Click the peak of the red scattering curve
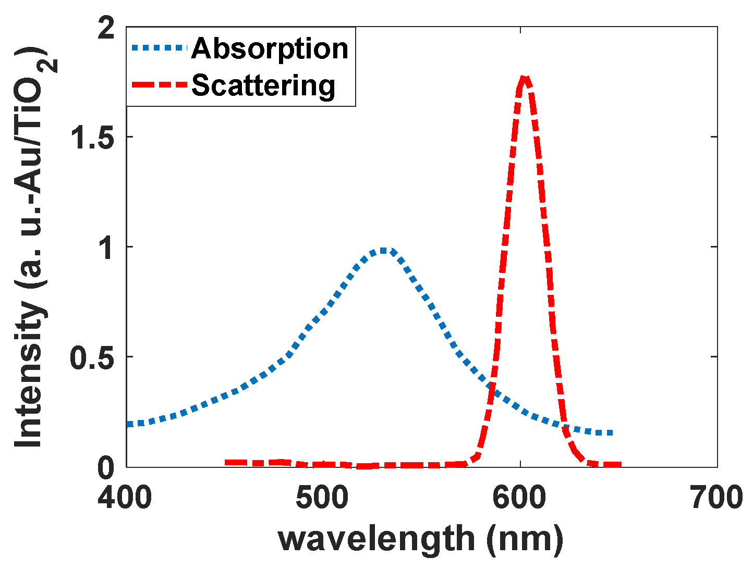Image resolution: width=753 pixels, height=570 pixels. tap(524, 78)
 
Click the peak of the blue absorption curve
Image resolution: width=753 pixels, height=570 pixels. tap(383, 251)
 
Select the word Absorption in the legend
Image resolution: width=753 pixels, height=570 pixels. tap(270, 48)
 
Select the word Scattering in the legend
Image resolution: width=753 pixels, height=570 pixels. tap(263, 85)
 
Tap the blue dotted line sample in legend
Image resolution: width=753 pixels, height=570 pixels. tap(159, 48)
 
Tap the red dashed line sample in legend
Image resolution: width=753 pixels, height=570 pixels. tap(159, 85)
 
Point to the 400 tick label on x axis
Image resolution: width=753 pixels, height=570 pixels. tap(125, 498)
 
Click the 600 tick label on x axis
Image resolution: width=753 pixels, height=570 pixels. tap(520, 498)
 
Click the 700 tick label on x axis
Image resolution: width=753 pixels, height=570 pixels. tap(717, 498)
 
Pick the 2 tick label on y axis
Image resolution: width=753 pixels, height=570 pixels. tap(106, 28)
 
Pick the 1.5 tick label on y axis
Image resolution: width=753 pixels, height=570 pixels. tap(92, 138)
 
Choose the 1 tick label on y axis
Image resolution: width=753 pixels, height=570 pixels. tap(106, 247)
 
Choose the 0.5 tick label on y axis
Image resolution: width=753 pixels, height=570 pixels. tap(92, 357)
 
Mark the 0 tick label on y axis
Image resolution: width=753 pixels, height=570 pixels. tap(106, 467)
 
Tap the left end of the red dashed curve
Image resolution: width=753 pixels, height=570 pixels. tap(226, 462)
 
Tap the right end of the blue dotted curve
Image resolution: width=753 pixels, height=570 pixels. tap(611, 433)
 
